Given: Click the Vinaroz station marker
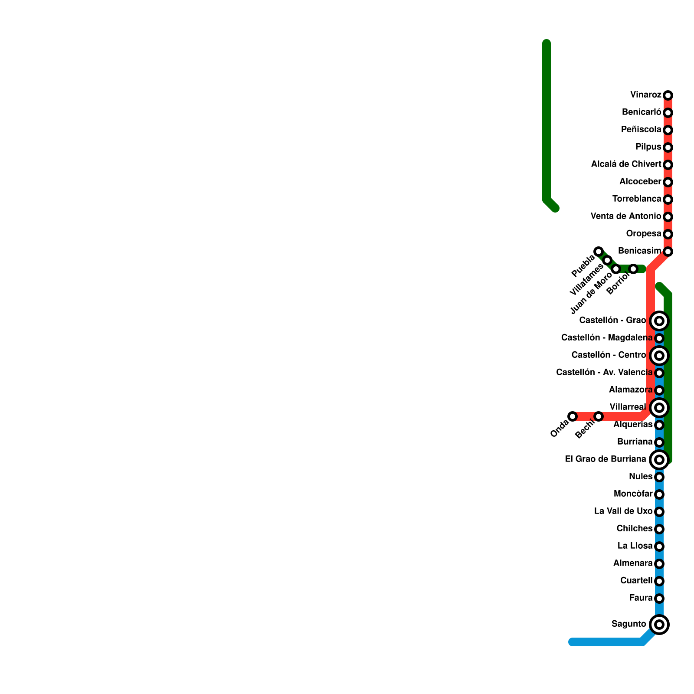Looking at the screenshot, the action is [x=668, y=95].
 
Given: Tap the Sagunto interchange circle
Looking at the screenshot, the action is [x=659, y=625].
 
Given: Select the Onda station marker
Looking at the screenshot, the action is [x=573, y=416].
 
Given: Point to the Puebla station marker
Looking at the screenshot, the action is [x=599, y=252].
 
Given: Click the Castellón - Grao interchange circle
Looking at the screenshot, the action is [x=659, y=321].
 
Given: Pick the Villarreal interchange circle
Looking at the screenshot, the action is [x=659, y=408].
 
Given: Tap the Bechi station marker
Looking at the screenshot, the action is [x=599, y=416].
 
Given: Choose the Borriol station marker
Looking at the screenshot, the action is [x=633, y=269].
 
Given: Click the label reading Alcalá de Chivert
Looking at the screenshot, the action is [x=626, y=164].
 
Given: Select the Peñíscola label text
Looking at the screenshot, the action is [x=641, y=130].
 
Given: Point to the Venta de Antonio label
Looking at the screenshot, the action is [x=626, y=216].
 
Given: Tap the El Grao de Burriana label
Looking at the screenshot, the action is [x=606, y=459].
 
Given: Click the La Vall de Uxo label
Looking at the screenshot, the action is [x=623, y=511].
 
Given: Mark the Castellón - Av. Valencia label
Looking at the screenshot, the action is [x=604, y=373].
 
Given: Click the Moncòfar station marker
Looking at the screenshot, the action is [x=659, y=494].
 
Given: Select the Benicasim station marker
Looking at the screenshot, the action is [x=668, y=252].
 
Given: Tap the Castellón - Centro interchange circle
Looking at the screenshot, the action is [x=659, y=356].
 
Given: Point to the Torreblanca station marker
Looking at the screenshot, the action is [x=668, y=200].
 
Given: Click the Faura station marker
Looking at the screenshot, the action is [x=659, y=599].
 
